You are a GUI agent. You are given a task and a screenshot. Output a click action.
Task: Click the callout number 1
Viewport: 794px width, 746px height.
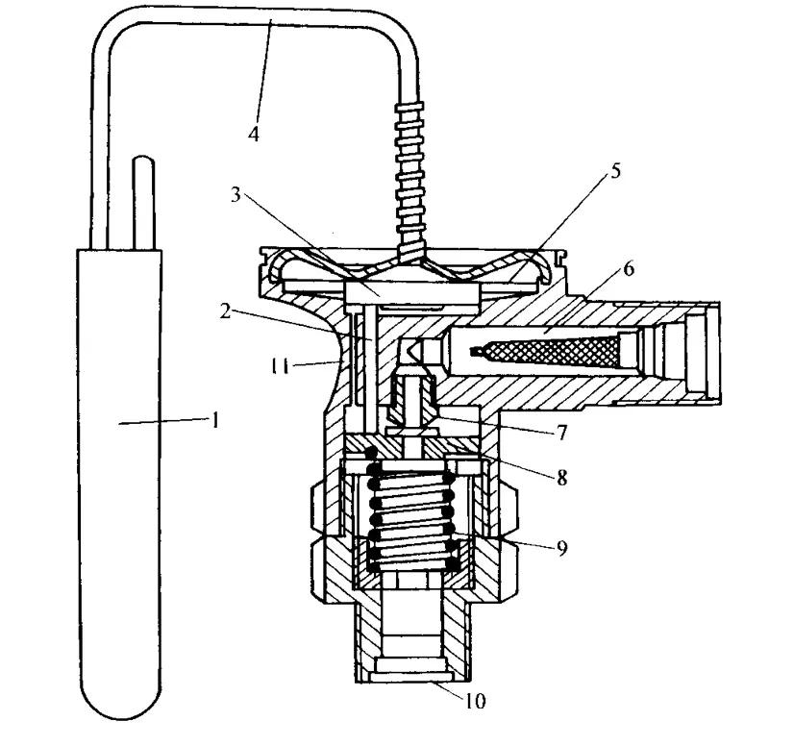215,420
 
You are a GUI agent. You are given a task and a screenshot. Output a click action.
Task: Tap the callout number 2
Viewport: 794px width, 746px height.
225,311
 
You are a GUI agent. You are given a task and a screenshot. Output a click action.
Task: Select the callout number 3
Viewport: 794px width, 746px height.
236,195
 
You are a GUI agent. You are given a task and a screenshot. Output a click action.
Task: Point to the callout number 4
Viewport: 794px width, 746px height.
254,135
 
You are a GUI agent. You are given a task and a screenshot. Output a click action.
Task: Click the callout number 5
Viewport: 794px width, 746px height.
615,171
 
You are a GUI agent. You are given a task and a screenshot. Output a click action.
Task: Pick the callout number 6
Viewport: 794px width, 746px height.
629,269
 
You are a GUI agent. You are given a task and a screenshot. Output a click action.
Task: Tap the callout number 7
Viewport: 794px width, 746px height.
561,432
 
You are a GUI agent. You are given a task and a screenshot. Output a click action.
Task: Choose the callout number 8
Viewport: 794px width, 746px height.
562,477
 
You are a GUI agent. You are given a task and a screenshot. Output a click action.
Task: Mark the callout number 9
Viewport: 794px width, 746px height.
562,548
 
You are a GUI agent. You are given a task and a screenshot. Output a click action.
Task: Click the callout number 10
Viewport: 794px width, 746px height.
475,701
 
